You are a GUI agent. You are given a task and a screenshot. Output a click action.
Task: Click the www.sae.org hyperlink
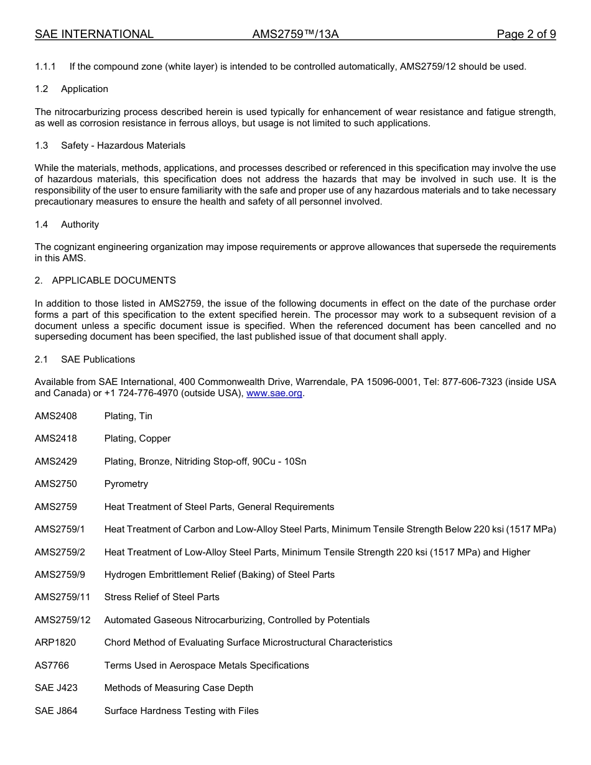[x=274, y=394]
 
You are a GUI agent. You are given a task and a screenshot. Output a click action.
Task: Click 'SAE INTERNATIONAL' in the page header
[x=94, y=34]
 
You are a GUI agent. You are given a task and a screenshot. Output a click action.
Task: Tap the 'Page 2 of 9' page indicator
[x=526, y=34]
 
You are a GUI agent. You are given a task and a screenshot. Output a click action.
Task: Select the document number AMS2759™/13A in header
[x=295, y=34]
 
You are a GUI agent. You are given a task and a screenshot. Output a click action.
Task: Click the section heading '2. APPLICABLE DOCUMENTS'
[x=105, y=280]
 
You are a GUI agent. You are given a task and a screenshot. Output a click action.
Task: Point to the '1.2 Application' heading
[x=72, y=89]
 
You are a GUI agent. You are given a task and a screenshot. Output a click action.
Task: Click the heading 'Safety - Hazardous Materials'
[x=123, y=146]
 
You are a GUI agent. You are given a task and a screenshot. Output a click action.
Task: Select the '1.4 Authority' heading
[x=67, y=225]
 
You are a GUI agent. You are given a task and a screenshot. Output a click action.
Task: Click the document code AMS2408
[x=56, y=416]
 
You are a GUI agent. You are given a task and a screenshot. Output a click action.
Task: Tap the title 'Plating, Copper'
[x=137, y=438]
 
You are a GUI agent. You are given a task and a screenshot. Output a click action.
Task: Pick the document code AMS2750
[x=56, y=484]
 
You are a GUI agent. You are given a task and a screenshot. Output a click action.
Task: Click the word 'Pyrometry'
[x=126, y=484]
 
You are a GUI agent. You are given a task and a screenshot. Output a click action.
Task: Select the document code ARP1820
[x=55, y=642]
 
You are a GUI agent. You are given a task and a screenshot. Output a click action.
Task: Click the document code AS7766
[x=52, y=665]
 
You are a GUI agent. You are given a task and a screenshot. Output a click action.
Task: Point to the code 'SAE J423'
[x=56, y=688]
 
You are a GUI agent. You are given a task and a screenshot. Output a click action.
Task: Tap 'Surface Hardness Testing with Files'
[x=181, y=711]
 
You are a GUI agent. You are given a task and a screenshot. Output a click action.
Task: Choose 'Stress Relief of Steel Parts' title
[x=162, y=597]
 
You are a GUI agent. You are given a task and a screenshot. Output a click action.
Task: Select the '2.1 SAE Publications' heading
[x=85, y=359]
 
